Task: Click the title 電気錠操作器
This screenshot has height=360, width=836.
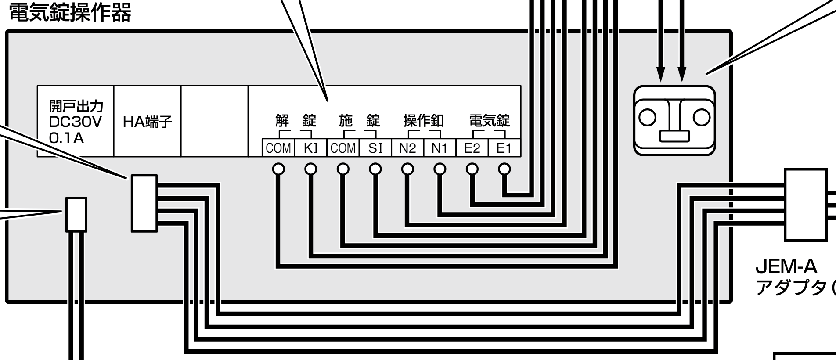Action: (70, 14)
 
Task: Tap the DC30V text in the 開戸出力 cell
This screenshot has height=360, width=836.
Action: (75, 122)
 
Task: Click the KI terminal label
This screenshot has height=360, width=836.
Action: (310, 148)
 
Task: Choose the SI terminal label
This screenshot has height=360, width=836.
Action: (375, 148)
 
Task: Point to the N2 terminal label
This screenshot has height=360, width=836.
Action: (407, 148)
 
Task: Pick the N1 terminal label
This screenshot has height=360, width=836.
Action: (440, 148)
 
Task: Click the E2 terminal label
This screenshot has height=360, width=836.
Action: (472, 148)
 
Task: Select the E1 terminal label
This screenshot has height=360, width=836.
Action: (504, 148)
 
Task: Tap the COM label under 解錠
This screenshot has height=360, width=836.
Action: (278, 148)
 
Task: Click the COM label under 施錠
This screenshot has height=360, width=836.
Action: (343, 148)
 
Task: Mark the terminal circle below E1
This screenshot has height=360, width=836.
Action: (504, 168)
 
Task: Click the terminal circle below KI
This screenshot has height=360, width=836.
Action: (310, 168)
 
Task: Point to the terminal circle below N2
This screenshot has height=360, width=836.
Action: (407, 168)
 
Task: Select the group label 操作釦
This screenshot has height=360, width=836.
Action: (423, 121)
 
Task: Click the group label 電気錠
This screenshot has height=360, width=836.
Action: (490, 121)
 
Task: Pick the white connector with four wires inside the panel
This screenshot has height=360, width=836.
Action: (144, 203)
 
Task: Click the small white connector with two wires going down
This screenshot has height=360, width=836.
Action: (76, 214)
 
